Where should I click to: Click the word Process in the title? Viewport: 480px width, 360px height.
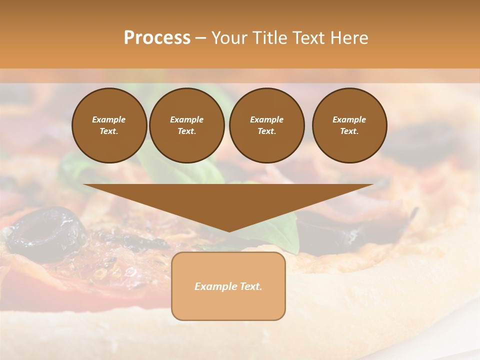pos(157,38)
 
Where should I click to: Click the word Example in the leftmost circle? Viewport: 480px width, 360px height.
pos(108,119)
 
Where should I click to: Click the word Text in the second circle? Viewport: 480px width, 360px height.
pos(186,131)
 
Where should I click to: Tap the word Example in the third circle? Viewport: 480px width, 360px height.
pos(266,119)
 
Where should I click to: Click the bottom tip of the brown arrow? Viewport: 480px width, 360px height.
pos(229,230)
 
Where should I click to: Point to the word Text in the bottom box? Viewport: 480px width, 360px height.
pos(250,286)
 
